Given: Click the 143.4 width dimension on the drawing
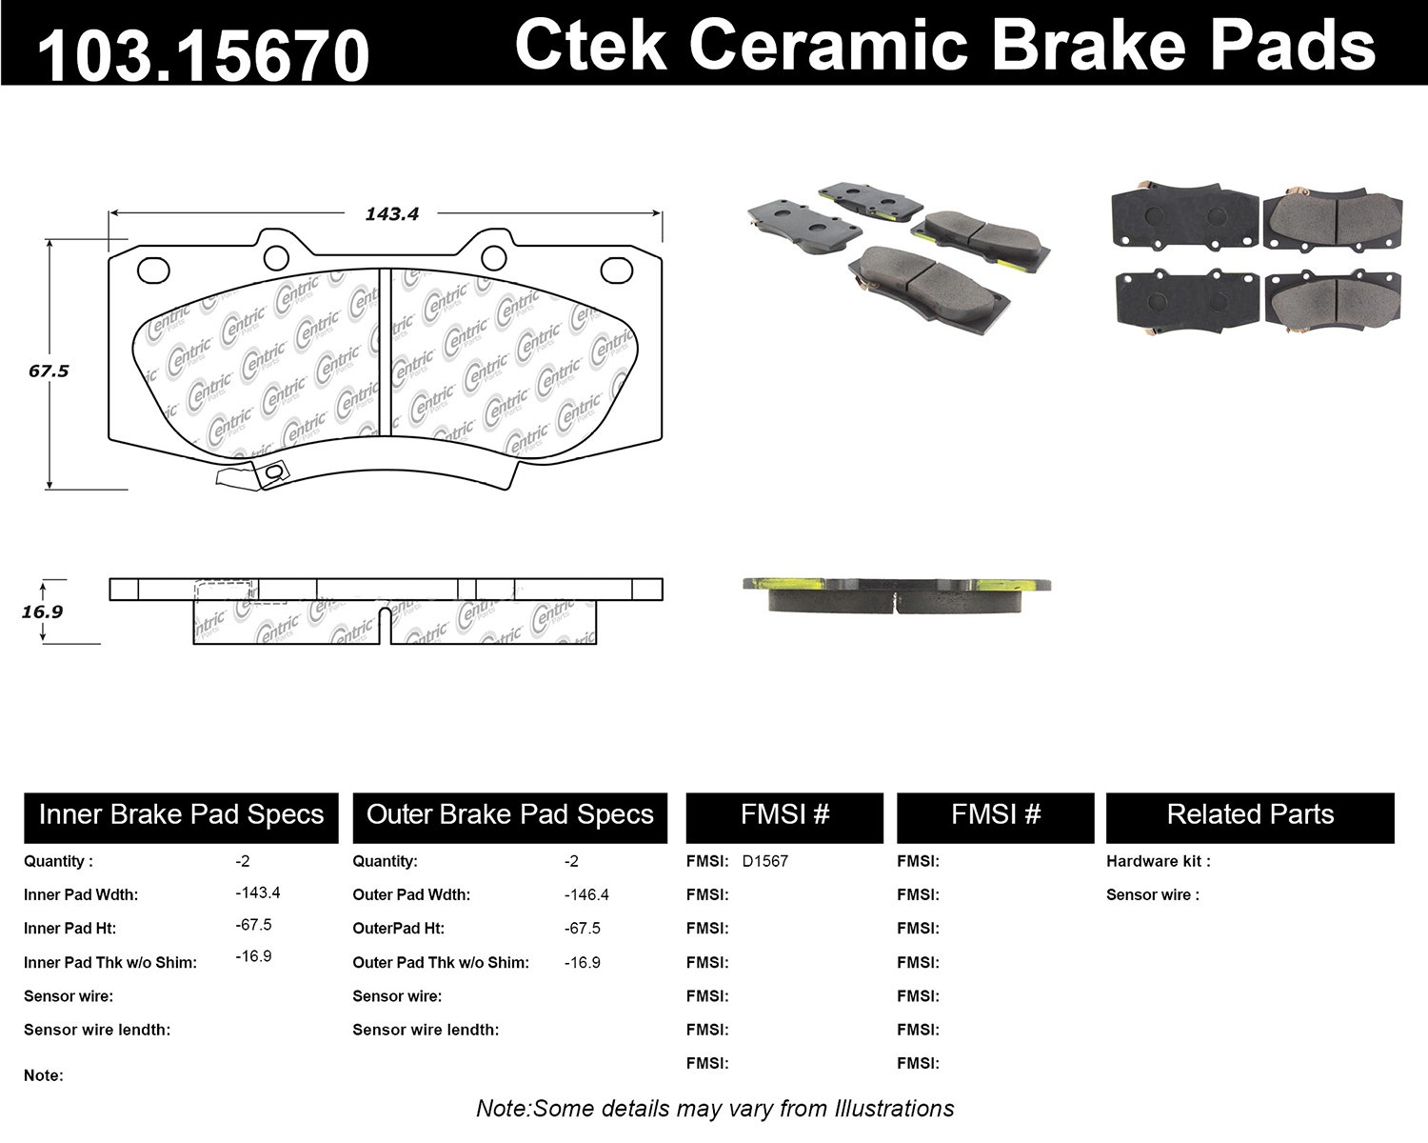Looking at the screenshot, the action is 391,214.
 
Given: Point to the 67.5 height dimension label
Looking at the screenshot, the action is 49,371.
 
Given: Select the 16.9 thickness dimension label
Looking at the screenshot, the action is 42,611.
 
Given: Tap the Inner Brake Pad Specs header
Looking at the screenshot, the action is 181,815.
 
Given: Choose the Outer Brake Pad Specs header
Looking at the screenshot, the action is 509,815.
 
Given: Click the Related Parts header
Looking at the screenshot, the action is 1250,815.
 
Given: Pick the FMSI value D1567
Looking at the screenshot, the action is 765,861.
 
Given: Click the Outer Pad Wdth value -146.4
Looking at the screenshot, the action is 586,894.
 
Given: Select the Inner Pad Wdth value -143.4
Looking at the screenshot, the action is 257,892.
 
